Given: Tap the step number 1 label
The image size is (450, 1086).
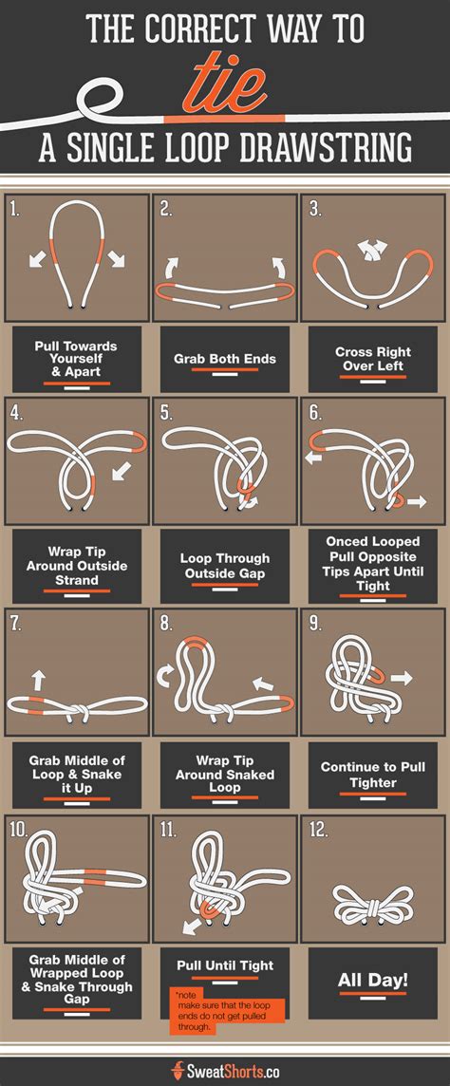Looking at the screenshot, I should click(14, 209).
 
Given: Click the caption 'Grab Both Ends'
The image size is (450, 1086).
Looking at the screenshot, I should click(224, 360).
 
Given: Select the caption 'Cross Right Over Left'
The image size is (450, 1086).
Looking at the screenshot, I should click(372, 358).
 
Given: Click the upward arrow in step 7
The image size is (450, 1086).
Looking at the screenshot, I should click(39, 680).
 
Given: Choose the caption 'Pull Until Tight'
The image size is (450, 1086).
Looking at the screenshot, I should click(224, 964).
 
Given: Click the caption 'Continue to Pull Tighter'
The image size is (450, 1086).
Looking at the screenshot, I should click(372, 775).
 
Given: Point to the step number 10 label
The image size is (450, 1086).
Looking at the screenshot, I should click(18, 830).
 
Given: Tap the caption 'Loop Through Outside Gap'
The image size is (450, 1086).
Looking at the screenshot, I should click(224, 566).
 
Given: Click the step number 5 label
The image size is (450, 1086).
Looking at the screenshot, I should click(166, 414).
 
